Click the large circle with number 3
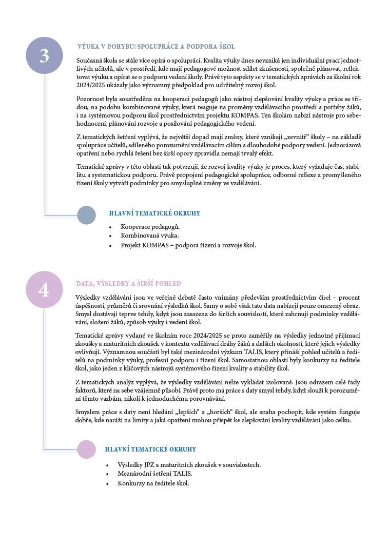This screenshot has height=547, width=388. pos(44,55)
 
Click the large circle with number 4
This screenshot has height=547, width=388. pos(44,289)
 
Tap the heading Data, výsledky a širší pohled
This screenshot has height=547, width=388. pos(128,283)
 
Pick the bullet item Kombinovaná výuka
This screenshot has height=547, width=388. pos(149,236)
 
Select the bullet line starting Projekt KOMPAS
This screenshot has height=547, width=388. pos(188,245)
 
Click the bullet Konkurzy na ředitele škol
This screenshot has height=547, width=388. pos(153,483)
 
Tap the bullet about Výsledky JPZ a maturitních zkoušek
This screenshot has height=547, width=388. pos(189,465)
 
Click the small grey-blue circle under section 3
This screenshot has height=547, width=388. pos(86,215)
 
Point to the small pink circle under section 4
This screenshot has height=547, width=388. pos(86,449)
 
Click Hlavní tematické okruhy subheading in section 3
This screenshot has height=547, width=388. pos(154,213)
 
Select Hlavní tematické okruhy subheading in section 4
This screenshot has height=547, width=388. pos(150,450)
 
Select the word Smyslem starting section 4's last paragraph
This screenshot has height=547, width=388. pos(88,412)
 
